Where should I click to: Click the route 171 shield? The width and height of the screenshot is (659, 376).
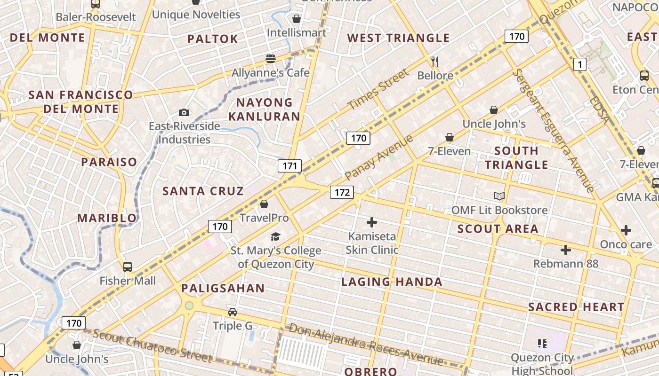[x=289, y=165]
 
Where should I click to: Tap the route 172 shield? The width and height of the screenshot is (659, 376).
[x=342, y=192]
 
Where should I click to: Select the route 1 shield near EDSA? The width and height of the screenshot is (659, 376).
[x=579, y=64]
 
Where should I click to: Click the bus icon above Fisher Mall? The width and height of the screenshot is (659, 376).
[x=127, y=267]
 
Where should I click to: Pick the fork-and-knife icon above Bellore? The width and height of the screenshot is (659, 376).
[x=435, y=61]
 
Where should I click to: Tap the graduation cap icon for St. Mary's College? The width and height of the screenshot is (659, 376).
[x=275, y=236]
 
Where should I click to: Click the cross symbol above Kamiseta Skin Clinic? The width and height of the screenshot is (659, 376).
[x=372, y=222]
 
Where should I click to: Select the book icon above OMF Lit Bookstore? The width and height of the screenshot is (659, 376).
[x=499, y=196]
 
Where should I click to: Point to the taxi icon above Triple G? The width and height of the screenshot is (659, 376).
[x=232, y=312]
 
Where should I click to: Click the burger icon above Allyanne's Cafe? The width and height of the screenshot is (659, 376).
[x=270, y=59]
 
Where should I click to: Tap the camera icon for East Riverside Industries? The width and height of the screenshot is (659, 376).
[x=184, y=112]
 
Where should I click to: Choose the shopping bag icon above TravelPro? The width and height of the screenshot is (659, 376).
[x=264, y=204]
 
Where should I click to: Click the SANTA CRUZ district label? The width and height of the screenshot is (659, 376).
[x=203, y=191]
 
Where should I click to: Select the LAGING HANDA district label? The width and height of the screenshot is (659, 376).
[x=392, y=282]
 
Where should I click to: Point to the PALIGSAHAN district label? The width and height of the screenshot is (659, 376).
[x=223, y=288]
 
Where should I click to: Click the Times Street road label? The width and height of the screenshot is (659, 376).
[x=378, y=89]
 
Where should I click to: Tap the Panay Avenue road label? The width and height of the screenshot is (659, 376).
[x=378, y=157]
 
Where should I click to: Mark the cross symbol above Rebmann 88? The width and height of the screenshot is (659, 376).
[x=565, y=250]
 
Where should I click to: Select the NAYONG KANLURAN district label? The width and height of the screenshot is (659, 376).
[x=268, y=109]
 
